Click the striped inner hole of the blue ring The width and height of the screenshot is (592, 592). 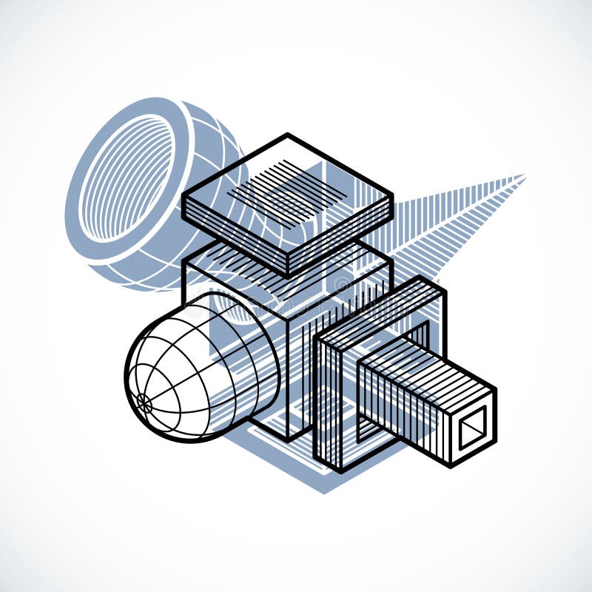[127, 178]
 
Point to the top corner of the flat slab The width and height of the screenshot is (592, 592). [287, 135]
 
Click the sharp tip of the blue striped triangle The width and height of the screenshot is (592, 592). [524, 176]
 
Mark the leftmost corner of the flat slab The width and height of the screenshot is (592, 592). [183, 194]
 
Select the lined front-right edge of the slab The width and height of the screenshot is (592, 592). [340, 237]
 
